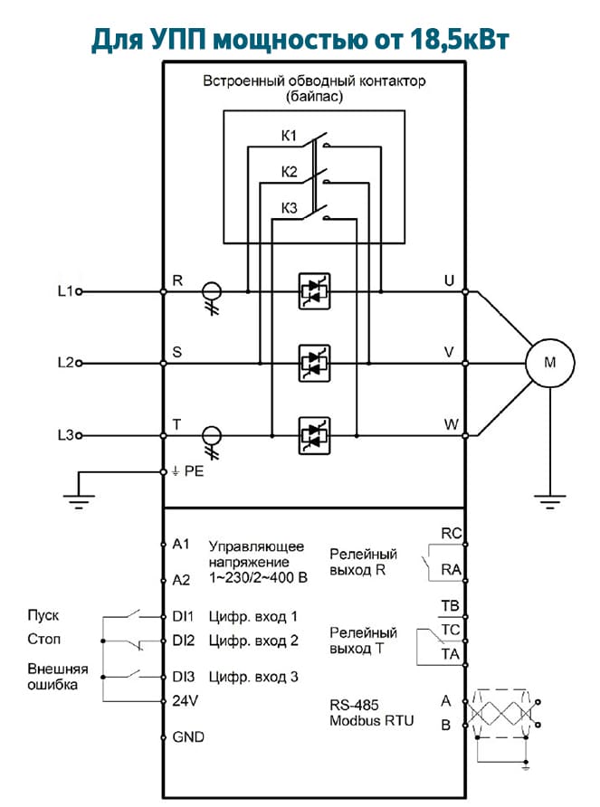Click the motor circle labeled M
pos(549,363)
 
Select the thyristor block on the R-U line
pos(314,291)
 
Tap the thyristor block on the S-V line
pos(314,364)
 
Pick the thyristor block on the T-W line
pos(314,435)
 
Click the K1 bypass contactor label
pos(289,136)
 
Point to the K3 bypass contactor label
pos(289,208)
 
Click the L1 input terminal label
pos(65,291)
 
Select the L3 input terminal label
pos(65,435)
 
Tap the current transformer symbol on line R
pos(211,298)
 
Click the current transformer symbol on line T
pos(211,442)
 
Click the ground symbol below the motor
pos(549,501)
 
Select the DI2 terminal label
pos(184,641)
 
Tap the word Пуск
pos(43,615)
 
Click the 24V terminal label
pos(185,701)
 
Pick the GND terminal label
pos(188,737)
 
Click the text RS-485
pos(354,705)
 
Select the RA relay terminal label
pos(452,570)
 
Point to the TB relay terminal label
pos(450,606)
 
